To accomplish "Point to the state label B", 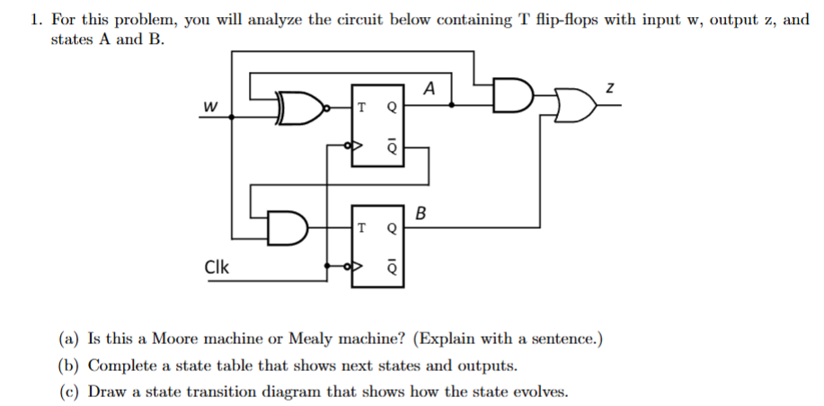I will point(422,213).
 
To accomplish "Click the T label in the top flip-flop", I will point(361,108).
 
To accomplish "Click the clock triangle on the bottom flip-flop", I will point(357,267).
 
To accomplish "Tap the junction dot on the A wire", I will point(451,105).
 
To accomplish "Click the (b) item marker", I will point(71,366).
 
